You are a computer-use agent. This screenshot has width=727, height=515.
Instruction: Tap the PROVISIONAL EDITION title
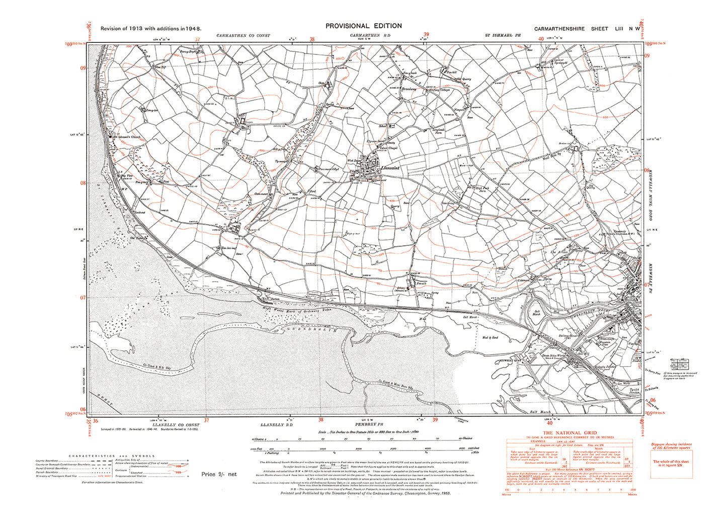(x=364, y=26)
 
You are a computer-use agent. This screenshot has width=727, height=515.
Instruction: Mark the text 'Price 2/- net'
(x=218, y=474)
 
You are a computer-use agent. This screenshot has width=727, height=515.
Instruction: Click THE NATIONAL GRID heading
(x=569, y=433)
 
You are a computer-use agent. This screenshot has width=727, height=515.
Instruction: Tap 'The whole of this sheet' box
(x=671, y=463)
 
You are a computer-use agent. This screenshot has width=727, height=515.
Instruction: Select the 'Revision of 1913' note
(x=151, y=28)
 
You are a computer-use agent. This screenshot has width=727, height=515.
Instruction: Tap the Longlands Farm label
(x=440, y=131)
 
